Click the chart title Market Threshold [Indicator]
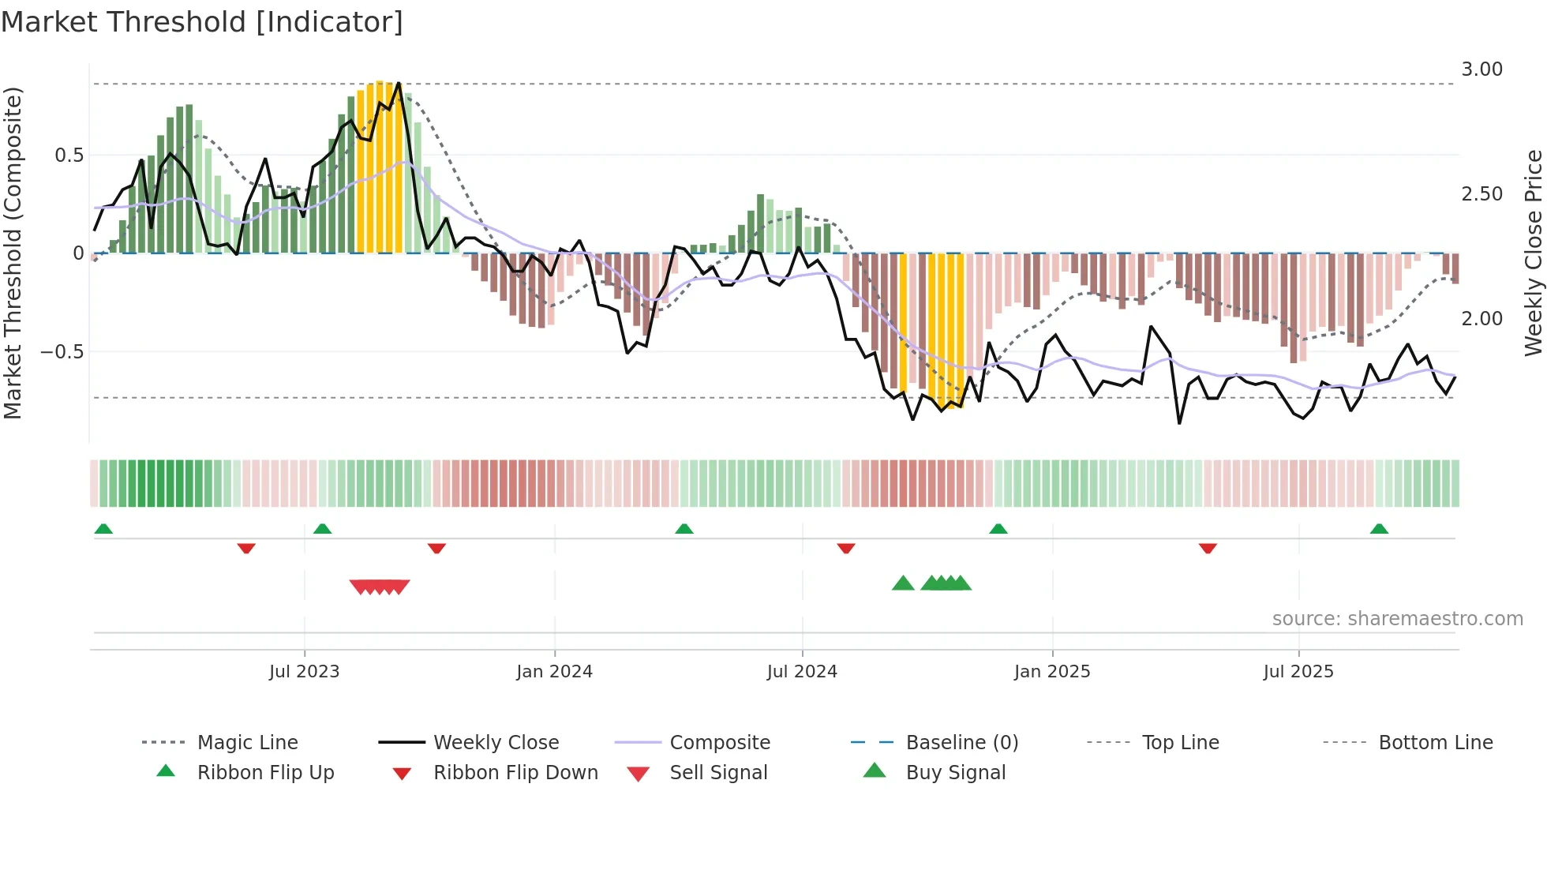pos(202,22)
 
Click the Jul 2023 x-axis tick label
pos(304,671)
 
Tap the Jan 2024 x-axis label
pos(554,671)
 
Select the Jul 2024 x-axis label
pos(802,671)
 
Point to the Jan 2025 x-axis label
pos(1052,671)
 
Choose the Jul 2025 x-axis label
pos(1298,671)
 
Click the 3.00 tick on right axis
pos(1481,69)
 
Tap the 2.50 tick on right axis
pos(1481,194)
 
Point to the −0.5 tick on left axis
pos(62,351)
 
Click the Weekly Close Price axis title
pos(1533,253)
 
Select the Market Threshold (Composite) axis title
pos(13,253)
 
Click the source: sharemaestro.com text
pos(1397,618)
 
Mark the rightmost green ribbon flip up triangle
pos(1379,529)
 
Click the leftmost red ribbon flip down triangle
pos(246,548)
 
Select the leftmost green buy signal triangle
pos(903,583)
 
